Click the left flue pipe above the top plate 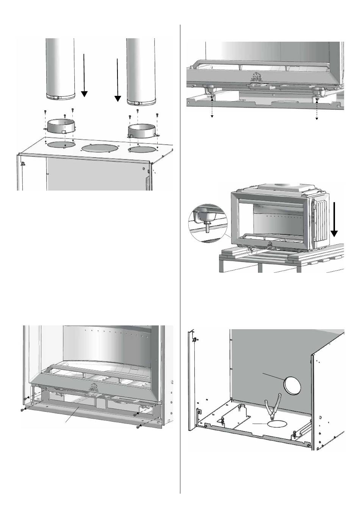[x=60, y=68]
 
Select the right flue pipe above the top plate [x=141, y=68]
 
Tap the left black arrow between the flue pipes [x=84, y=76]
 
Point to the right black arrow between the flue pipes [x=118, y=80]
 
